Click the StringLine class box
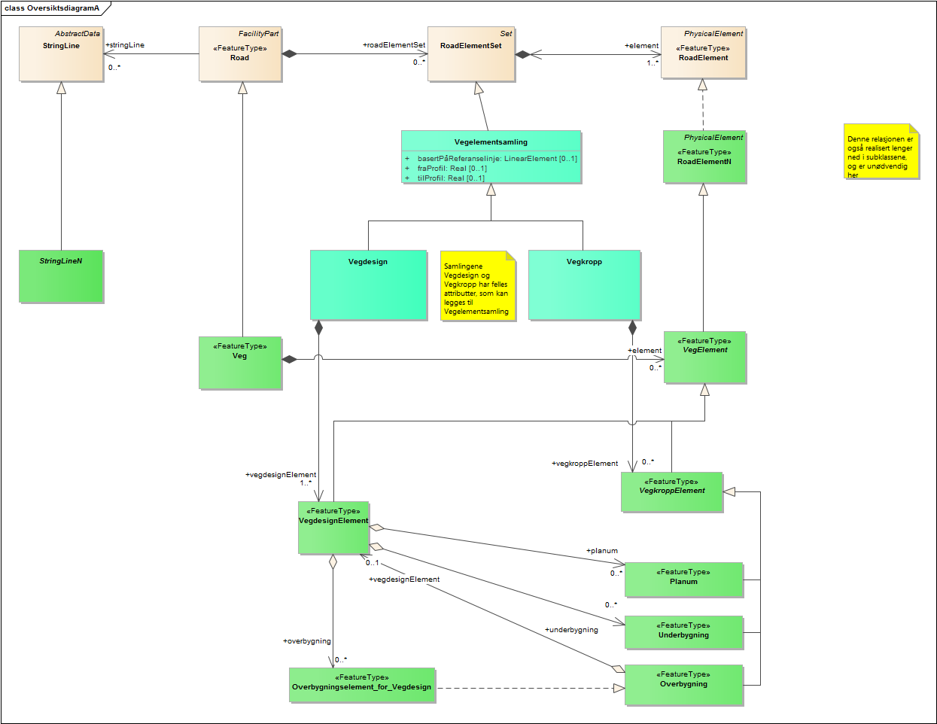tap(61, 54)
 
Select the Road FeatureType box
tap(240, 54)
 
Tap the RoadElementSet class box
tap(471, 54)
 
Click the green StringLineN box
tap(61, 276)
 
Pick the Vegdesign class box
tap(368, 284)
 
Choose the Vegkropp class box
tap(584, 284)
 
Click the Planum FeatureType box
tap(683, 580)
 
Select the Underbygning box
tap(683, 632)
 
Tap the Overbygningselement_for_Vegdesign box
tap(362, 685)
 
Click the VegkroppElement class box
tap(671, 492)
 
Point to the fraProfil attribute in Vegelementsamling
tap(452, 169)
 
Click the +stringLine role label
tap(125, 45)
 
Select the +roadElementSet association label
tap(394, 45)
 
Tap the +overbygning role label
tap(306, 641)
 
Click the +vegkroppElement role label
tap(585, 464)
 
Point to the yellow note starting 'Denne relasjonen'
tap(881, 152)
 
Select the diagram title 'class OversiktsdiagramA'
tap(51, 8)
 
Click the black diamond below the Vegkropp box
tap(632, 327)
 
